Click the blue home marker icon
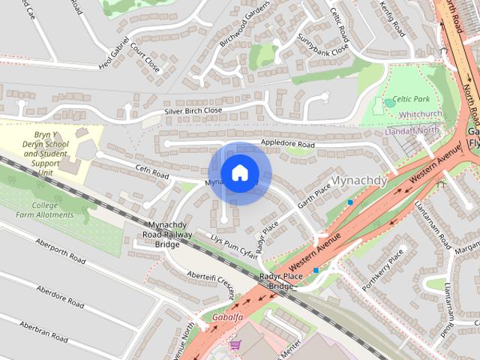pyautogui.click(x=239, y=172)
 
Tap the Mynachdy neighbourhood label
pyautogui.click(x=359, y=181)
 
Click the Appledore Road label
pyautogui.click(x=287, y=143)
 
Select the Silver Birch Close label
pyautogui.click(x=193, y=111)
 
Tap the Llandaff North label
pyautogui.click(x=411, y=130)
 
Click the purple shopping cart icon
pyautogui.click(x=235, y=344)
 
